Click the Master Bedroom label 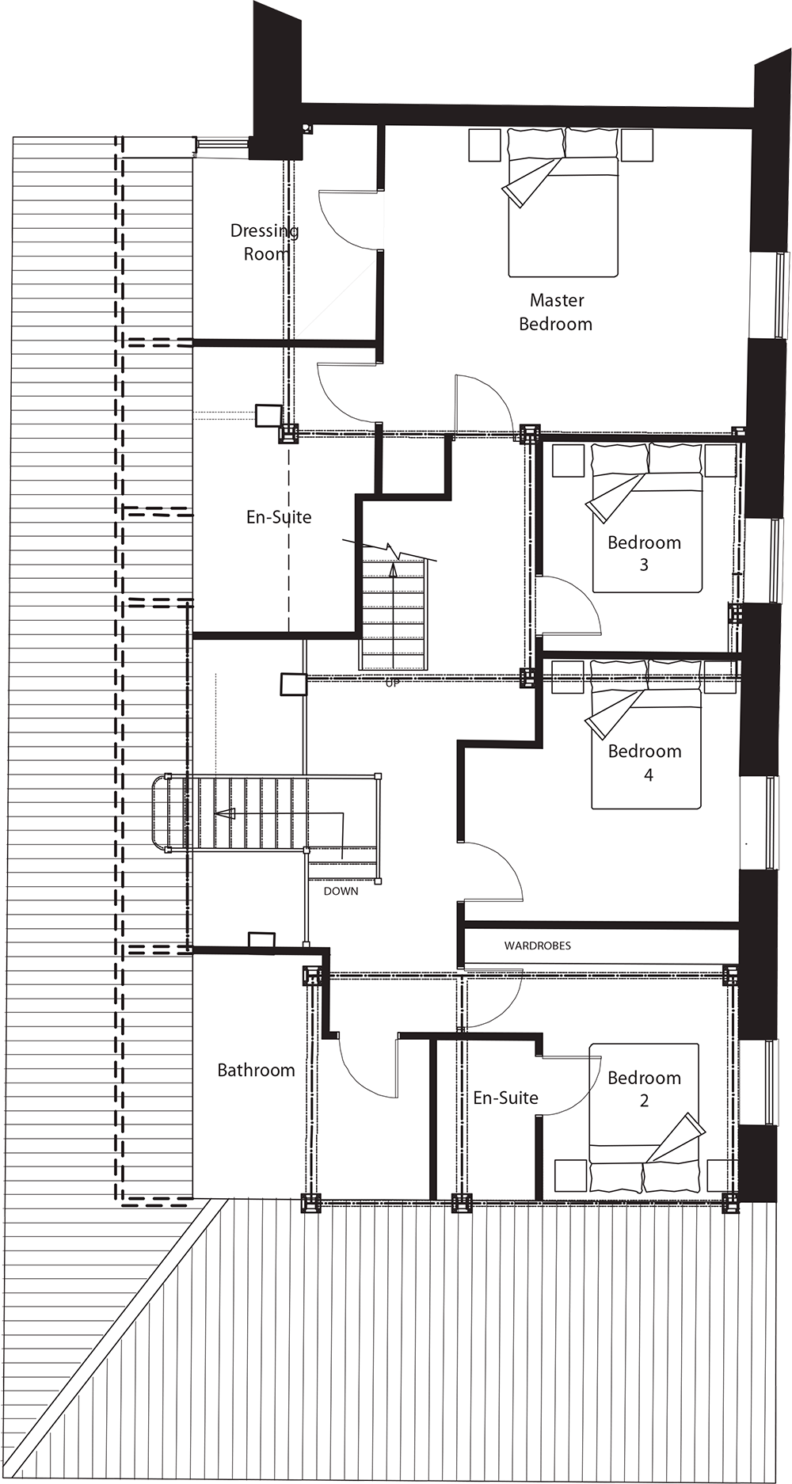coord(556,312)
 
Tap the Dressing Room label coord(265,242)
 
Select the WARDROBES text coord(537,946)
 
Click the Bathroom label coord(256,1071)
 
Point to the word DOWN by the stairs coord(341,892)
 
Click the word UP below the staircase coord(392,683)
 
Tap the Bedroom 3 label coord(644,554)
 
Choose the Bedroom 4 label coord(645,763)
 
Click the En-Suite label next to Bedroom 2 coord(505,1098)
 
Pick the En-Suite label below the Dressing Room coord(279,517)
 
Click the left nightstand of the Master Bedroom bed coord(484,145)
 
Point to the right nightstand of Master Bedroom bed coord(637,145)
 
